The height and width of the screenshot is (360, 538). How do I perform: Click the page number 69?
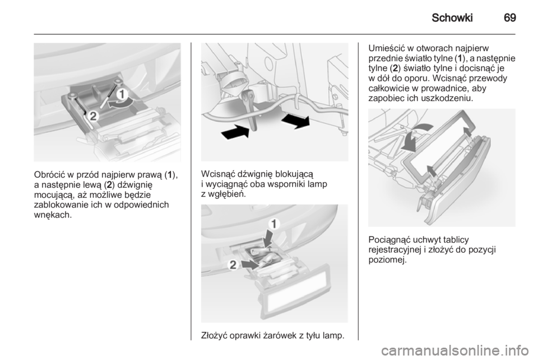pyautogui.click(x=510, y=17)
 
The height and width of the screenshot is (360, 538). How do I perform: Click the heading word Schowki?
pyautogui.click(x=452, y=17)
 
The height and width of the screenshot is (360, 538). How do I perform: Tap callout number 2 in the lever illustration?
pyautogui.click(x=93, y=116)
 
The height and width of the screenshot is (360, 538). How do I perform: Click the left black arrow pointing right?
pyautogui.click(x=235, y=131)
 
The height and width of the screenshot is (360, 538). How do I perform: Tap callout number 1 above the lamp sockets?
pyautogui.click(x=275, y=224)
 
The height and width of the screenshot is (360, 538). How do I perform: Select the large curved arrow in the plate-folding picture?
pyautogui.click(x=414, y=137)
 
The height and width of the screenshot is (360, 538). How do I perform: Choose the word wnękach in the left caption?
pyautogui.click(x=53, y=215)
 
